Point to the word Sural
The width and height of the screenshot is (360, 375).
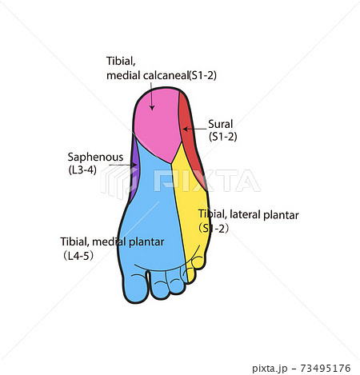tap(220, 124)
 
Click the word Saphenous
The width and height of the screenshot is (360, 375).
tap(95, 157)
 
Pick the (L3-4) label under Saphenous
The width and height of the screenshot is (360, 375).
tap(82, 170)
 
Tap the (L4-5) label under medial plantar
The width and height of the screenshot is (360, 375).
tap(78, 256)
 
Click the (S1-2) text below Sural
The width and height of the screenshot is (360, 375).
tap(223, 137)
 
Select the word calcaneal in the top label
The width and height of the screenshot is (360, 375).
tap(166, 75)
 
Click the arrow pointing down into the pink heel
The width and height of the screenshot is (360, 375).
tap(152, 97)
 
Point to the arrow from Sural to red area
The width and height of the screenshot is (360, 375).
tap(194, 129)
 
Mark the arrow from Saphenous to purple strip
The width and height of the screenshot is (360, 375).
tap(123, 166)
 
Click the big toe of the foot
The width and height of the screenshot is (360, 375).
tap(135, 288)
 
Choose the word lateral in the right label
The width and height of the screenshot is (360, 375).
tap(245, 214)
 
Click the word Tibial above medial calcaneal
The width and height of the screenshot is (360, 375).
tap(121, 62)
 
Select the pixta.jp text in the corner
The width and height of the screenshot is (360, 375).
tap(270, 369)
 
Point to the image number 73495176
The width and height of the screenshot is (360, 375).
tap(326, 369)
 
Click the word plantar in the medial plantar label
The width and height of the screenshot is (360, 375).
tap(146, 242)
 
